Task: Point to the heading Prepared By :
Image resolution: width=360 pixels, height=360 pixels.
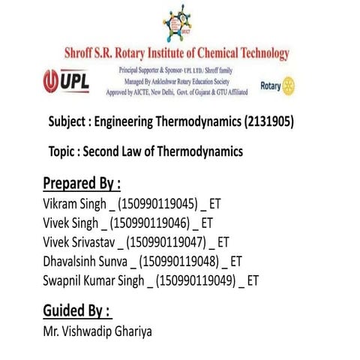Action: pyautogui.click(x=82, y=184)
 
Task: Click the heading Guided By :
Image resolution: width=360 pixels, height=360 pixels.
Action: pyautogui.click(x=77, y=310)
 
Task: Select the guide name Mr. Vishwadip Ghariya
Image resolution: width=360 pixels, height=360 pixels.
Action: pyautogui.click(x=97, y=331)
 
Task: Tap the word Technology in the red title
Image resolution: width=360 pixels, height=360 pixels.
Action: pyautogui.click(x=256, y=54)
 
